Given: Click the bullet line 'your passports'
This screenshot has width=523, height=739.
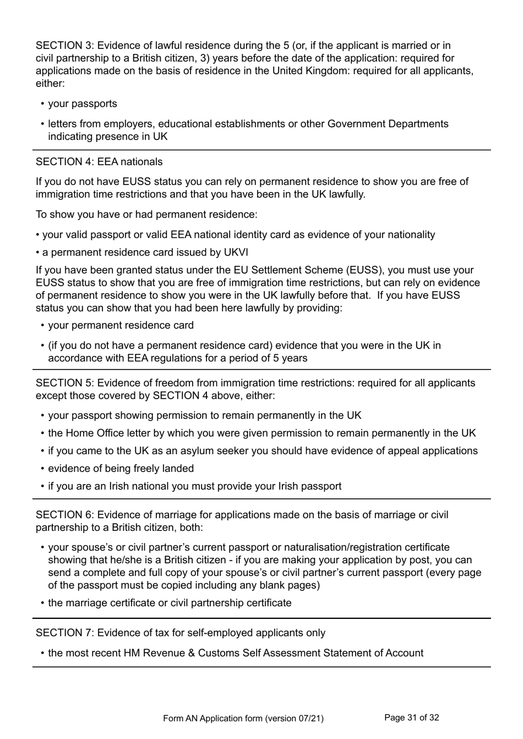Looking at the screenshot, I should [x=83, y=104].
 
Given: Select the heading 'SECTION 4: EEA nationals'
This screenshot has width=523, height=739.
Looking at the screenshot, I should [x=99, y=162].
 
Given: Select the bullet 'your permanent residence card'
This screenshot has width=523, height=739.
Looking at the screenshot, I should [x=121, y=325].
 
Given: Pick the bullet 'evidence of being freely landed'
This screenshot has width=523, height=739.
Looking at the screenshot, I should [x=121, y=469].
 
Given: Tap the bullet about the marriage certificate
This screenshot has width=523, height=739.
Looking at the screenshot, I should [x=170, y=603].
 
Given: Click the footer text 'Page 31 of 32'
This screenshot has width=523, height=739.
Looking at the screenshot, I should [x=411, y=718].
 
